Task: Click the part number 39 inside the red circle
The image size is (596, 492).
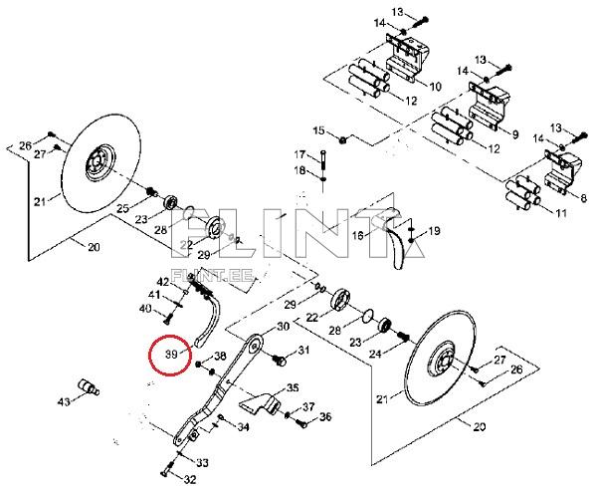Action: (172, 355)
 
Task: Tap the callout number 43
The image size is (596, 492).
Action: (64, 401)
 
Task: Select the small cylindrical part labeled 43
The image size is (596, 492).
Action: (89, 386)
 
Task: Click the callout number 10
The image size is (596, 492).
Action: (435, 87)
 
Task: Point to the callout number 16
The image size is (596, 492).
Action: (358, 235)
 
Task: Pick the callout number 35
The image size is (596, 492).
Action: (293, 388)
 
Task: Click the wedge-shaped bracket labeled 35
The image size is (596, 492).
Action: (260, 404)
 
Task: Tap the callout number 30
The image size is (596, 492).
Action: (283, 326)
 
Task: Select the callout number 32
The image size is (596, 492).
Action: (189, 479)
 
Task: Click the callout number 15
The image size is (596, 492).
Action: (319, 130)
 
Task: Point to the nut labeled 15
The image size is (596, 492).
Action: (342, 140)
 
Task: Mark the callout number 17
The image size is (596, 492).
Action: (299, 154)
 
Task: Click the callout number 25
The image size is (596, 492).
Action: (123, 208)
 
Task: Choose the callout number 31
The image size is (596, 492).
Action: (302, 350)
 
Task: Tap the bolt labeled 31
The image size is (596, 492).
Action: (280, 360)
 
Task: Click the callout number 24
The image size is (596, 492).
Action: (375, 354)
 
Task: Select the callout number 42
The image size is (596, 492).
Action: (163, 282)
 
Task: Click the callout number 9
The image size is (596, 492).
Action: (515, 133)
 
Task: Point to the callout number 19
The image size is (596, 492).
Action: (434, 231)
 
